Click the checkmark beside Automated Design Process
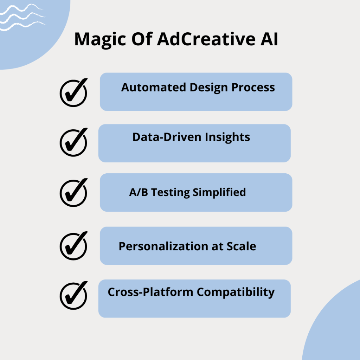coord(73,92)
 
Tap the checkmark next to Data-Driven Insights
coord(73,142)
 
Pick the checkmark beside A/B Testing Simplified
coord(73,192)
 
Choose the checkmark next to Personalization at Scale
coord(73,245)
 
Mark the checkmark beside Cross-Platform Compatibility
coord(73,296)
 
